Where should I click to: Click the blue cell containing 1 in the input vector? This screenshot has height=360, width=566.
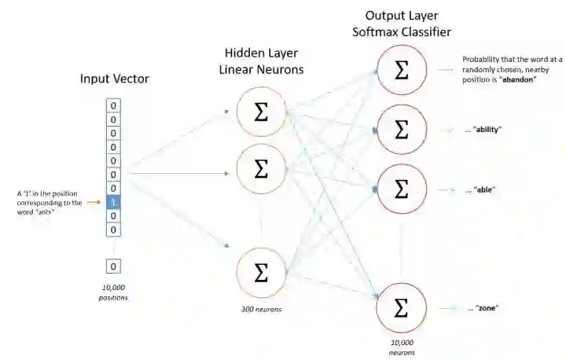point(113,202)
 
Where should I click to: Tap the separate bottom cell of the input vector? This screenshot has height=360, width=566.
point(113,266)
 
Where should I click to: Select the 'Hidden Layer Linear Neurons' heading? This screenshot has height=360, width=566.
point(263,61)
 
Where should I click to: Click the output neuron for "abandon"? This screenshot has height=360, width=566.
point(401,69)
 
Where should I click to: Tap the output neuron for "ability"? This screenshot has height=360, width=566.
point(401,129)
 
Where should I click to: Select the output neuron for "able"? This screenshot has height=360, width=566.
point(401,189)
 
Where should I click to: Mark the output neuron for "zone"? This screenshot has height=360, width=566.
point(401,307)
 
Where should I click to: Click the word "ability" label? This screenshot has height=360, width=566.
point(484,129)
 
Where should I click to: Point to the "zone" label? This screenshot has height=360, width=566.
point(484,307)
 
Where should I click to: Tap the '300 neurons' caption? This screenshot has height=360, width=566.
point(262,310)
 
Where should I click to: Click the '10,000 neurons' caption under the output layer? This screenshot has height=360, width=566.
point(401,347)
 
